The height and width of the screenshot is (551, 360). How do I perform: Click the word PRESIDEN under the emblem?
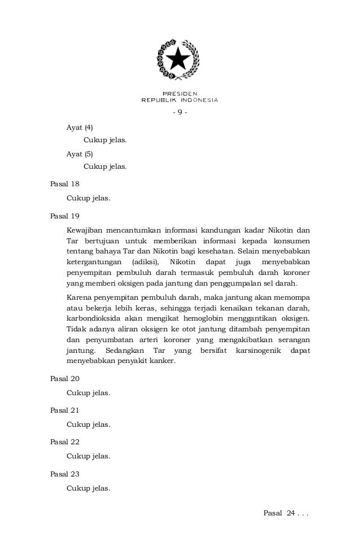(179, 93)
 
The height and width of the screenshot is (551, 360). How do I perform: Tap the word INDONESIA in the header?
(197, 100)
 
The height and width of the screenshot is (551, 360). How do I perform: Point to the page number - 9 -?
(179, 112)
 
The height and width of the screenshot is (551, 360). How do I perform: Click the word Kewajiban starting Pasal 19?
(85, 230)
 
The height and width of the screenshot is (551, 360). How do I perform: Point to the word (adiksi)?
(146, 262)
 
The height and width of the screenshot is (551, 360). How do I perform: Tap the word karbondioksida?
(93, 318)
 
